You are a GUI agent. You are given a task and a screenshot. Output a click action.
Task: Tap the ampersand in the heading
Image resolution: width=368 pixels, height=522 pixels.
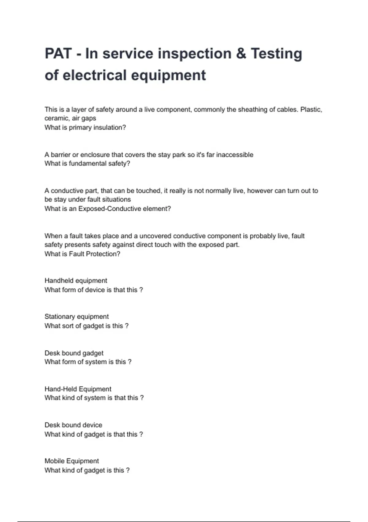[241, 54]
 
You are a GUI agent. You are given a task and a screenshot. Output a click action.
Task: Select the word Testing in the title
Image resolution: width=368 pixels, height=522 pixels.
[276, 54]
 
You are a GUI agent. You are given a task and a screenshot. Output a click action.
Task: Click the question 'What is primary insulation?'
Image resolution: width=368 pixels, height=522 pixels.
[85, 127]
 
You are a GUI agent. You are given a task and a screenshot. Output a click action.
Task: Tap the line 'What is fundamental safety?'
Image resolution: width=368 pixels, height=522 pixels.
[87, 164]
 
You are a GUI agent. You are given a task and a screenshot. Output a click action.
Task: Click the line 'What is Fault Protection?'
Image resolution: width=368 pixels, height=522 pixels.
[82, 254]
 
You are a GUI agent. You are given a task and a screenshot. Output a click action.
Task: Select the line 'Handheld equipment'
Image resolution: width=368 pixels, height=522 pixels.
[76, 281]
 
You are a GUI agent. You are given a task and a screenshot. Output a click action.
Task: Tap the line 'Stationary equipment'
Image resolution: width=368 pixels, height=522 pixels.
[76, 317]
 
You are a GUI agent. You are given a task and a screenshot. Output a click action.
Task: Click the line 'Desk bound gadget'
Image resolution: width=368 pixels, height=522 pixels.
[74, 353]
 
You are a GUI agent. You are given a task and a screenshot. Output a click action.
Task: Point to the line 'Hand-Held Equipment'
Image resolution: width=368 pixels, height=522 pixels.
[78, 389]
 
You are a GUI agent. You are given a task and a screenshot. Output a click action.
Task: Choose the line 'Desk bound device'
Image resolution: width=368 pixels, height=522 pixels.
[73, 425]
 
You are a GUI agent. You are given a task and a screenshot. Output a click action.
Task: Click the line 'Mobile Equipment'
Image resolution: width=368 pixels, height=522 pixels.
[71, 461]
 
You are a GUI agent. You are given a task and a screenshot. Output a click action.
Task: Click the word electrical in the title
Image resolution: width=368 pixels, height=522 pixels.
[94, 75]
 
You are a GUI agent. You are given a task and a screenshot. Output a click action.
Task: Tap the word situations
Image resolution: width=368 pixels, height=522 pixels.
[117, 200]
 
